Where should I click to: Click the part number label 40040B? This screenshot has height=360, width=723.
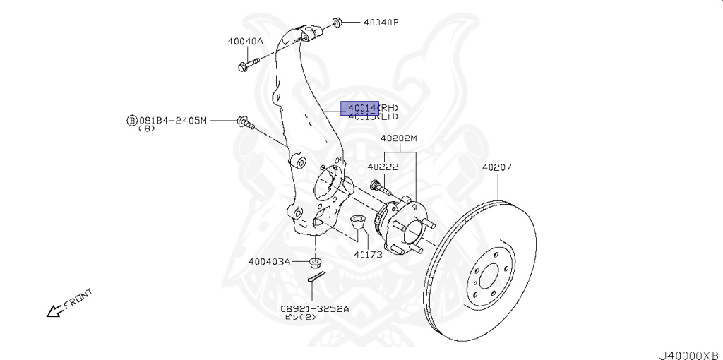click(x=381, y=23)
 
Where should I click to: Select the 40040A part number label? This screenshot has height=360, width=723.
click(x=245, y=41)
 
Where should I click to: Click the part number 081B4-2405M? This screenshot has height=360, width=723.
click(x=172, y=121)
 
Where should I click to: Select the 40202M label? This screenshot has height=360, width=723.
click(x=399, y=138)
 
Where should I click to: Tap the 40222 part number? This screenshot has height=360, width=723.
click(x=383, y=167)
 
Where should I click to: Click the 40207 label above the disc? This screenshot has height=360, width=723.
click(x=497, y=167)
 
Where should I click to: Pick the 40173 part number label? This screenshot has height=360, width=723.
click(x=368, y=254)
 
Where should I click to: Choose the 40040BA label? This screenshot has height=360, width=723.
click(x=269, y=261)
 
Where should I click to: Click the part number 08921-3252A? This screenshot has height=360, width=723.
click(x=314, y=308)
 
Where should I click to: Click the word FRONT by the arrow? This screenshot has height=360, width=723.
click(x=78, y=299)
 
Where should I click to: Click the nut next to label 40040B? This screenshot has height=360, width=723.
click(x=337, y=22)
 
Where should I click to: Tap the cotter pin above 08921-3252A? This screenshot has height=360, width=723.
click(x=316, y=280)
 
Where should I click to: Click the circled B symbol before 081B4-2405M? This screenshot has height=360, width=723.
click(x=131, y=121)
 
